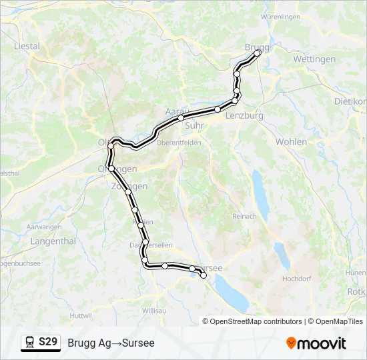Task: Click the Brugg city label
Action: [257, 47]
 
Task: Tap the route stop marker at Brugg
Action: [257, 52]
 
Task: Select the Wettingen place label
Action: [314, 59]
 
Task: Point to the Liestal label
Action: [27, 47]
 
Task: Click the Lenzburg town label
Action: [244, 115]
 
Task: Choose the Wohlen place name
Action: [291, 142]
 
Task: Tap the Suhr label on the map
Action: [194, 125]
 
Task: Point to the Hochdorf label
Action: [296, 279]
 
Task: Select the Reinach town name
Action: [244, 216]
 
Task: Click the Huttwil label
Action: [80, 315]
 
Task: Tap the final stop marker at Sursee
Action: [204, 275]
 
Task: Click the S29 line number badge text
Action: [47, 343]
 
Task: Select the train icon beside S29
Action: [30, 343]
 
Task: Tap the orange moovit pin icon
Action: [291, 343]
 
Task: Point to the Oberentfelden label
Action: [178, 143]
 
